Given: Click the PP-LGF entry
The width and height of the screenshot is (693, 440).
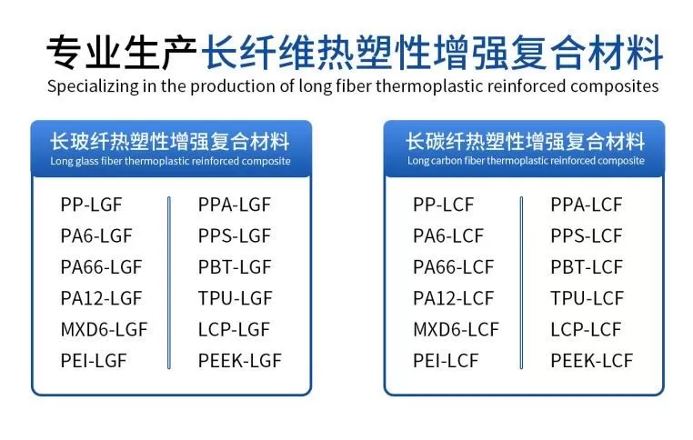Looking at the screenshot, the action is click(x=91, y=205).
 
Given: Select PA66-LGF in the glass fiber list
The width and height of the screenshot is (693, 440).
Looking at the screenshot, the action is click(x=101, y=267).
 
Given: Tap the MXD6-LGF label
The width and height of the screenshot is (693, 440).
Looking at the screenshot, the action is click(x=104, y=329).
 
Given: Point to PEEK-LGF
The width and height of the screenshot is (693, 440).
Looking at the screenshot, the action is click(x=239, y=361).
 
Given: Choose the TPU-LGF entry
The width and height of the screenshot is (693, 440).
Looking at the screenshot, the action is click(x=236, y=298).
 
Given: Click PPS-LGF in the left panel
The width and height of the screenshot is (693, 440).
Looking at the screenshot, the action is click(x=235, y=235).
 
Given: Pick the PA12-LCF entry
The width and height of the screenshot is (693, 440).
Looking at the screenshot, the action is click(x=453, y=298).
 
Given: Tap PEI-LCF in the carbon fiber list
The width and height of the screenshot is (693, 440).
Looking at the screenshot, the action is click(x=446, y=361).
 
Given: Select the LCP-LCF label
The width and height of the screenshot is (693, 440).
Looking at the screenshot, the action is click(x=586, y=329).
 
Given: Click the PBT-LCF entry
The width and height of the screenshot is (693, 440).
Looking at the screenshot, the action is click(x=587, y=267).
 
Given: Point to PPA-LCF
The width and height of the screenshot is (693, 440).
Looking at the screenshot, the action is click(x=587, y=205).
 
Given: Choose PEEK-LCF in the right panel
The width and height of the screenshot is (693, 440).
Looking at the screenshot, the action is click(x=592, y=361).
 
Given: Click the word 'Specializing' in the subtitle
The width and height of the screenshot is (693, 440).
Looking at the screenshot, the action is click(x=93, y=86).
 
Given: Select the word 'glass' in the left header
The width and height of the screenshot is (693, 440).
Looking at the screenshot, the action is click(x=86, y=161).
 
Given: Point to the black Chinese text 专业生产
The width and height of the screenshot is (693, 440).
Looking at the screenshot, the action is click(x=122, y=53).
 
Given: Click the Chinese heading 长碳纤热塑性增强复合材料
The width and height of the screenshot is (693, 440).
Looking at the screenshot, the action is click(x=525, y=142).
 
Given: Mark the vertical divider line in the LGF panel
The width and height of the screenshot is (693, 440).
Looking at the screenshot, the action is click(x=169, y=283).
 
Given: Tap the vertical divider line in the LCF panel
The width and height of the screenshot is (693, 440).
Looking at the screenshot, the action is click(x=521, y=283).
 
